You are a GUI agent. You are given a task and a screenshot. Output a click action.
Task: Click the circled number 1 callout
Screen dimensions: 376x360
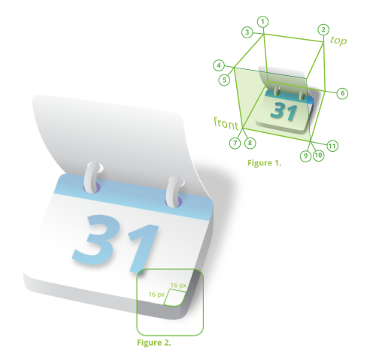pyautogui.click(x=262, y=22)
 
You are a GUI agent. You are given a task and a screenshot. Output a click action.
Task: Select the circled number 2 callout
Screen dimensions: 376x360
pyautogui.click(x=323, y=30)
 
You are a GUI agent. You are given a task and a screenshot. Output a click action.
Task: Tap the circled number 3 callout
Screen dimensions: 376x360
pyautogui.click(x=247, y=32)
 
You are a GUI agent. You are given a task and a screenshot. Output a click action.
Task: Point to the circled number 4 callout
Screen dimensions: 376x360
pyautogui.click(x=219, y=65)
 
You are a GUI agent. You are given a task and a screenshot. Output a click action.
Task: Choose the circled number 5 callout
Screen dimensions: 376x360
pyautogui.click(x=224, y=80)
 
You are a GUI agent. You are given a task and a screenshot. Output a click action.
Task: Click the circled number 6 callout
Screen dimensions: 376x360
pyautogui.click(x=342, y=93)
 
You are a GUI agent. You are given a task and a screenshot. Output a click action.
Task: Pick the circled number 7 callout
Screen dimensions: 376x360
pyautogui.click(x=235, y=143)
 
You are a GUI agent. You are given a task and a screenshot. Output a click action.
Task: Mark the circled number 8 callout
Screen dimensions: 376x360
pyautogui.click(x=250, y=143)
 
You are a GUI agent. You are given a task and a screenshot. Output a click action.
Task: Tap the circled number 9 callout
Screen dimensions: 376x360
pyautogui.click(x=306, y=156)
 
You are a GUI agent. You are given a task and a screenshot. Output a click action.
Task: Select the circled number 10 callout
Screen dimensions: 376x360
pyautogui.click(x=318, y=156)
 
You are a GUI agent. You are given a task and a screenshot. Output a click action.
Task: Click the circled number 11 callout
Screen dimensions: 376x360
pyautogui.click(x=332, y=146)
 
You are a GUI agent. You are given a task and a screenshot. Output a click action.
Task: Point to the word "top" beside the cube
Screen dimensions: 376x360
pyautogui.click(x=338, y=41)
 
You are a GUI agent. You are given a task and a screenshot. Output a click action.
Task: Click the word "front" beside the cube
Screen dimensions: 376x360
pyautogui.click(x=226, y=123)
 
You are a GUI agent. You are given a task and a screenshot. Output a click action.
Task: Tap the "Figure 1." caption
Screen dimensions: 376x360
pyautogui.click(x=265, y=163)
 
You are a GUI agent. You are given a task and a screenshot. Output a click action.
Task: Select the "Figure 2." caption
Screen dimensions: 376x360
pyautogui.click(x=154, y=343)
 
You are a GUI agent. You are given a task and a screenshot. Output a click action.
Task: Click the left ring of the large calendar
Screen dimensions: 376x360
pyautogui.click(x=92, y=177)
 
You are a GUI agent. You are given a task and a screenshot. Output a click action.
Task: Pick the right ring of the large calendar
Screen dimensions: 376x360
pyautogui.click(x=174, y=192)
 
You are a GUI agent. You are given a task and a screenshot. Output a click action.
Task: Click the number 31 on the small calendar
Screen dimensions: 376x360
pyautogui.click(x=284, y=111)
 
